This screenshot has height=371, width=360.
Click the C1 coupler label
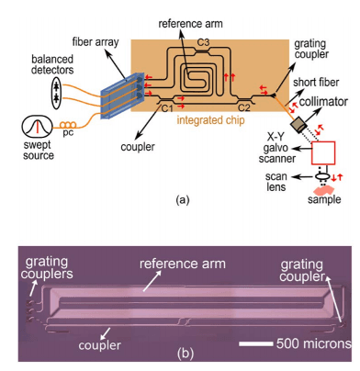click(x=166, y=107)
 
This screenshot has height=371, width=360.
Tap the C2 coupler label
click(x=246, y=107)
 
